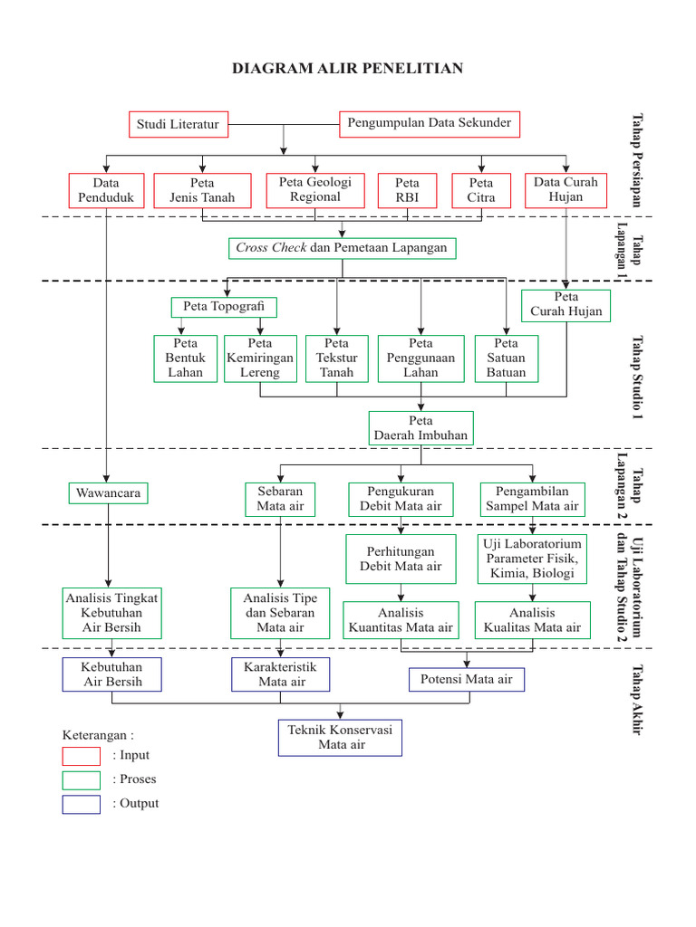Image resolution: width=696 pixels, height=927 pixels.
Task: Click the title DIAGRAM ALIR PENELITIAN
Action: pyautogui.click(x=348, y=69)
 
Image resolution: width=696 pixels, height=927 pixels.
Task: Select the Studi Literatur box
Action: pyautogui.click(x=178, y=124)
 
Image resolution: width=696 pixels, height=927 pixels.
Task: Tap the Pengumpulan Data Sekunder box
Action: pyautogui.click(x=430, y=123)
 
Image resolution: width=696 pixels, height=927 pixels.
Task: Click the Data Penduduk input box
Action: pyautogui.click(x=106, y=190)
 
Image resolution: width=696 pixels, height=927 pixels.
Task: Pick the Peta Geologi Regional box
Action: pyautogui.click(x=315, y=189)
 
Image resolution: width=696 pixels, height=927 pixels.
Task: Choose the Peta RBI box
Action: pyautogui.click(x=408, y=190)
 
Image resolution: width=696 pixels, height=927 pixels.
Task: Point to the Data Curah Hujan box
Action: pyautogui.click(x=565, y=189)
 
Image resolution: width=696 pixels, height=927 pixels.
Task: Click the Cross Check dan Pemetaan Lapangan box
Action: pyautogui.click(x=342, y=247)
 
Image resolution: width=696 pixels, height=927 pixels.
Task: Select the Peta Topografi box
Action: pyautogui.click(x=223, y=306)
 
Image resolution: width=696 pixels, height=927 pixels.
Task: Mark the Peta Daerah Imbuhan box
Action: pyautogui.click(x=420, y=428)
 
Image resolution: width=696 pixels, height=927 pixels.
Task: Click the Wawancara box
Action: pyautogui.click(x=108, y=493)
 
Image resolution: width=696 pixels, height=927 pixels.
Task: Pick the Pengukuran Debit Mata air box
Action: pyautogui.click(x=401, y=499)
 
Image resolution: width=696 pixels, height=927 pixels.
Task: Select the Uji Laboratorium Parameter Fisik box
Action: pyautogui.click(x=531, y=558)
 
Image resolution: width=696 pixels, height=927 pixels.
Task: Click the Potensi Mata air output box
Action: pyautogui.click(x=466, y=679)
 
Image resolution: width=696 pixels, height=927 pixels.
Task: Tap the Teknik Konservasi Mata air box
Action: pyautogui.click(x=341, y=737)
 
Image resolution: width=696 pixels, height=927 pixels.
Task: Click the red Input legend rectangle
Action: pyautogui.click(x=81, y=755)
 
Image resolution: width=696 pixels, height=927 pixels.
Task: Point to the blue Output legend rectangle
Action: pyautogui.click(x=81, y=804)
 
